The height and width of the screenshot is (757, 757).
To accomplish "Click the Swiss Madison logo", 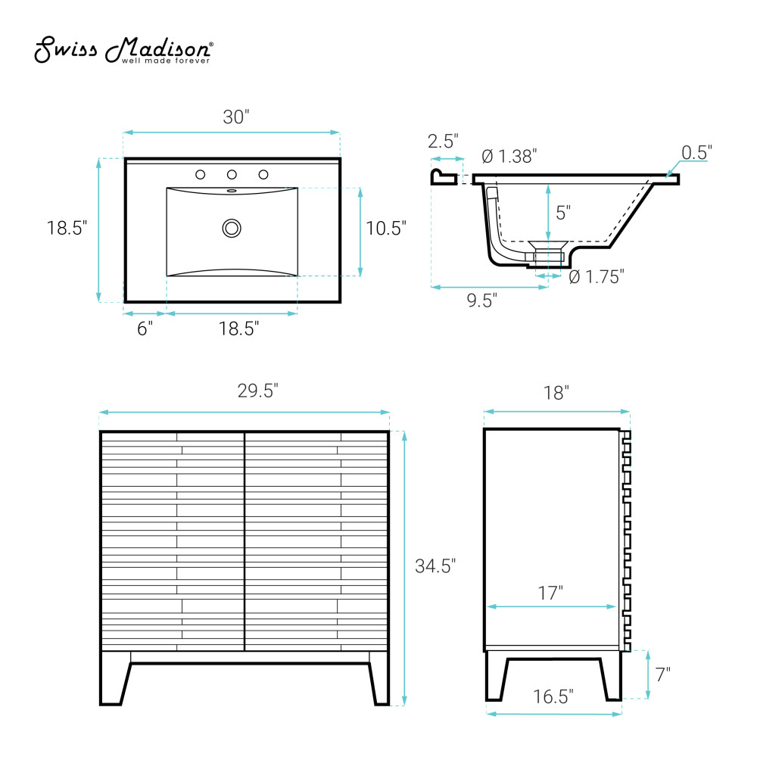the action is coord(123,50).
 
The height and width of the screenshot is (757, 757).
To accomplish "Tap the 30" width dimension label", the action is coord(236,117).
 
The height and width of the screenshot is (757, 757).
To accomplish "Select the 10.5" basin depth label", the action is coord(386,229).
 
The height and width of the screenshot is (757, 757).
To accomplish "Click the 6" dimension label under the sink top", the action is coord(145,329).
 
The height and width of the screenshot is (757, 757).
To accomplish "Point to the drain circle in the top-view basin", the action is coord(232,229).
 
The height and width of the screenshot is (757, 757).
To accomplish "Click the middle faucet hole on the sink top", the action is coord(232,174).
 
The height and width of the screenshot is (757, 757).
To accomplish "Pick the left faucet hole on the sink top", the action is coord(201,174).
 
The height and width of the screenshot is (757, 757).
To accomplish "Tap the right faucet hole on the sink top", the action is coord(263,174).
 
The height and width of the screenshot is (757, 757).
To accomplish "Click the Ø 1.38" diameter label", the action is coord(509,157).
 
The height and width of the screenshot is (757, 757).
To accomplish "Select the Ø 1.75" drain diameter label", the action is coord(597,277).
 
